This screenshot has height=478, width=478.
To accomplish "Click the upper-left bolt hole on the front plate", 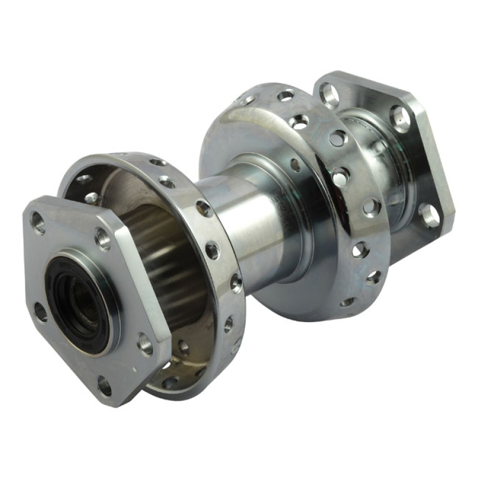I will pos(38,223).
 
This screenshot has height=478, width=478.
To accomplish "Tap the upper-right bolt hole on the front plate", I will pos(103,240).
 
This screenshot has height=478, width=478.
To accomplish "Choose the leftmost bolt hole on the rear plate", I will pos(329,94).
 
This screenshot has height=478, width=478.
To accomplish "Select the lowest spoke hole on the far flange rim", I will pos(348,302).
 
